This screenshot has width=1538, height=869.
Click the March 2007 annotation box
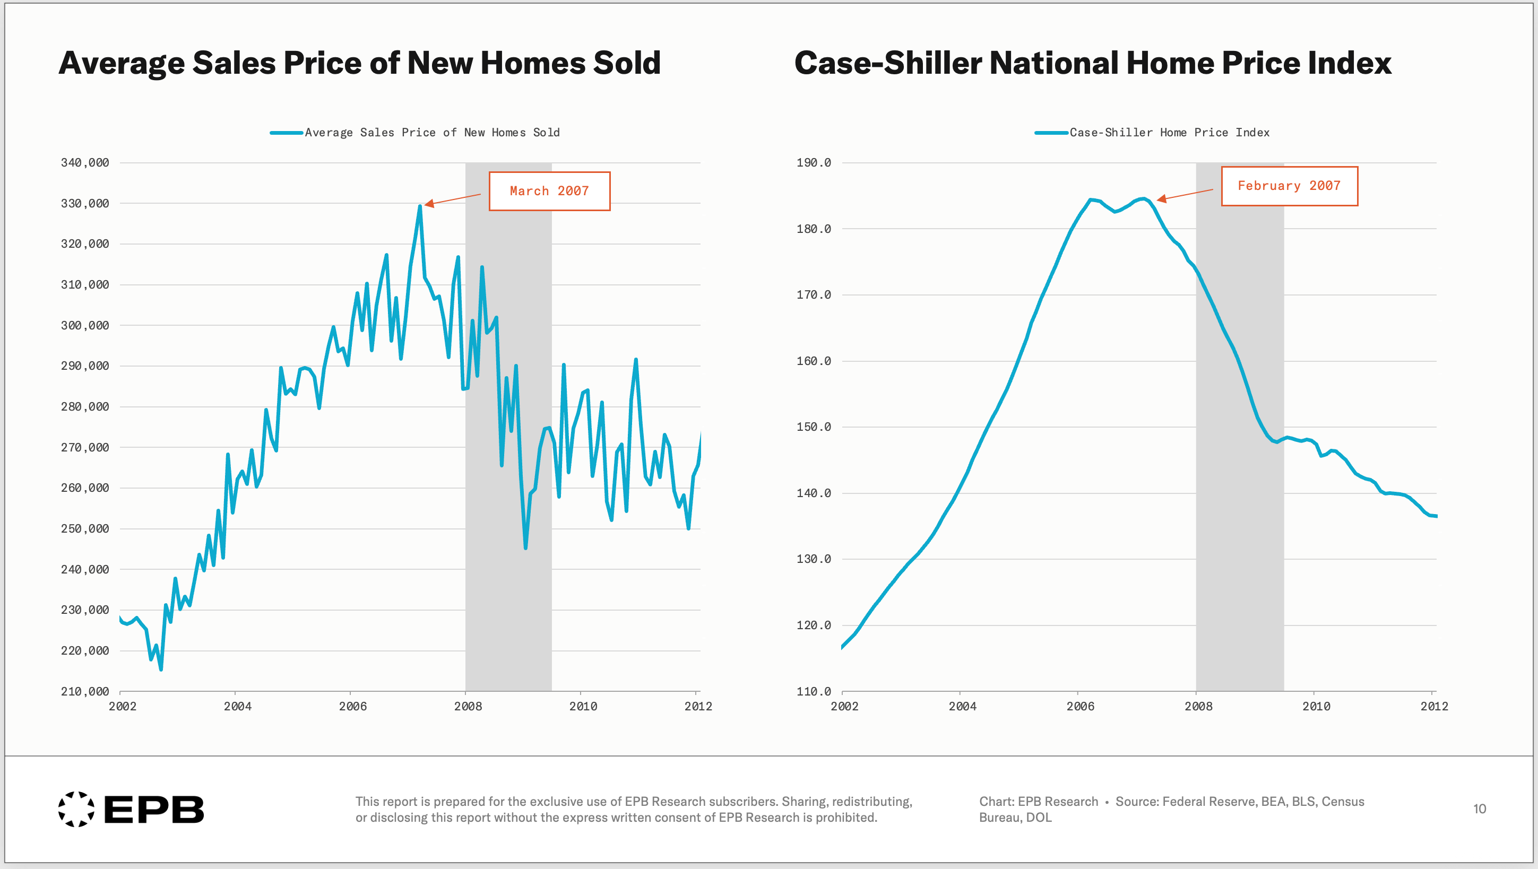coord(549,191)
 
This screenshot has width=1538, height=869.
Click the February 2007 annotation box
coord(1289,186)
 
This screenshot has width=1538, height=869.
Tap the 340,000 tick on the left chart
coord(85,163)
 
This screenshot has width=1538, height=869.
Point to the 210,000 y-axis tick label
coord(85,692)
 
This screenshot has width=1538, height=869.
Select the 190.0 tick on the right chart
coord(813,163)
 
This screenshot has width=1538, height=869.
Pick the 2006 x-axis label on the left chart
coord(353,707)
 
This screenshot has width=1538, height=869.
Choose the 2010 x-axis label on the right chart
coord(1316,707)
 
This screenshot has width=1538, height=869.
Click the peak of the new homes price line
coord(420,206)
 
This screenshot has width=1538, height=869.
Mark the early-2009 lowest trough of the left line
coord(525,548)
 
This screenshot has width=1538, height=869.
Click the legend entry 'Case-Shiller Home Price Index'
coord(1169,133)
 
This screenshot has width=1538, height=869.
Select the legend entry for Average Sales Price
coord(431,133)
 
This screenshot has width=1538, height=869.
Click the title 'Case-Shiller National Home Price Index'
coord(1093,63)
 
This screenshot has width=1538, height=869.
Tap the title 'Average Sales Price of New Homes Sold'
coord(359,63)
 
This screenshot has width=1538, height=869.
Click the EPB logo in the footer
coord(132,810)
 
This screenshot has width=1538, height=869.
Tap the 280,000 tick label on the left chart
coord(85,407)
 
